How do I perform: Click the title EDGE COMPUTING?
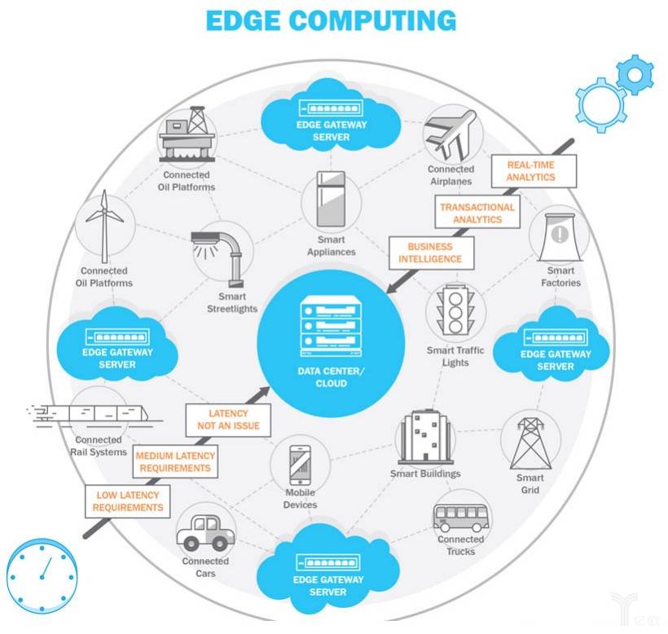click(330, 20)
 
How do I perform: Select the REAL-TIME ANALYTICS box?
click(530, 170)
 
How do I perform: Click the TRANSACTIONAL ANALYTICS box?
click(477, 214)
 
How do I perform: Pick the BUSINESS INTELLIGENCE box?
click(429, 253)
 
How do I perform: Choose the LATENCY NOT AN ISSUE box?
click(228, 420)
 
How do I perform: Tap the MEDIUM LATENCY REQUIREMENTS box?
click(174, 462)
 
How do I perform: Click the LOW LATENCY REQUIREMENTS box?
click(127, 501)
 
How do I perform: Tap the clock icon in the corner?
click(40, 578)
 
